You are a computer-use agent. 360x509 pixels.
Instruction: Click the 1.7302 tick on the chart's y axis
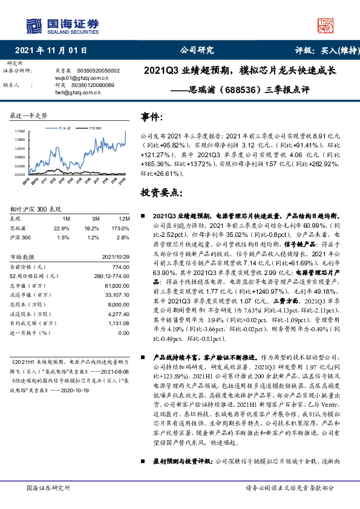tap(19, 131)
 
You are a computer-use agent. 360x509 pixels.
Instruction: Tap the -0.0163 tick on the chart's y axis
tap(19, 175)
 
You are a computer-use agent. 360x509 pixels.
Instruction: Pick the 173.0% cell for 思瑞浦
tap(122, 228)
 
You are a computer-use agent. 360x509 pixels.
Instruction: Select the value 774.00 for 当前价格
tap(120, 267)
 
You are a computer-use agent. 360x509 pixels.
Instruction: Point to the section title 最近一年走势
tap(29, 115)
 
